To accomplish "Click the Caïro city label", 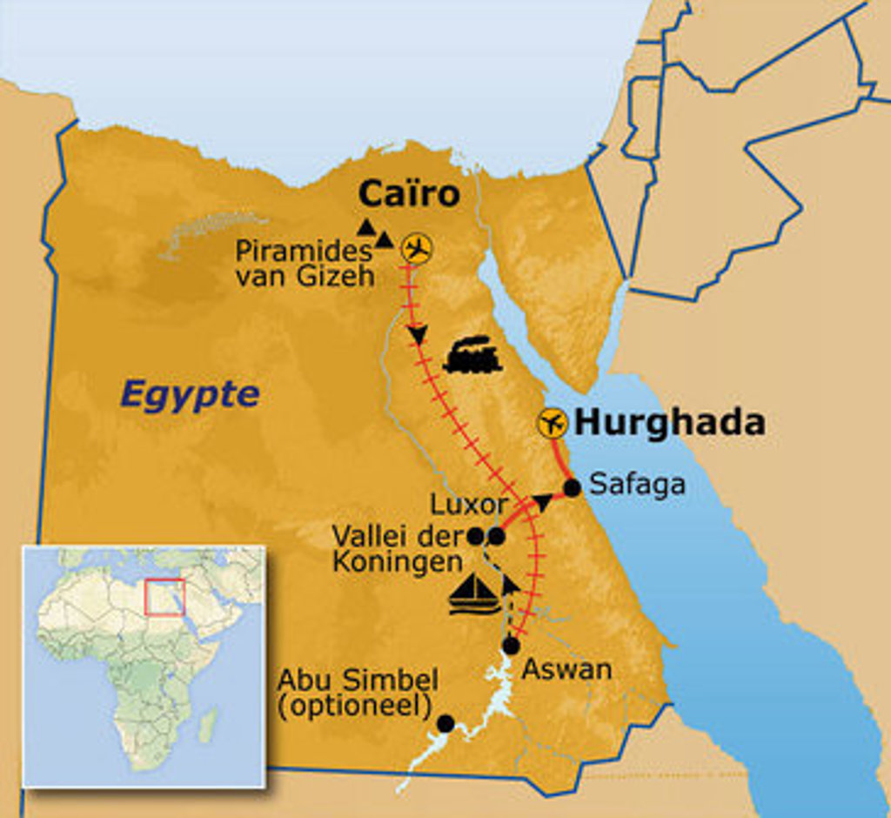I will click(408, 194).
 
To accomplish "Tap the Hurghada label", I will click(670, 423).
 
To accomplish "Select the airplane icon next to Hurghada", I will click(553, 424).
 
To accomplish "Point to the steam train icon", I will click(472, 355).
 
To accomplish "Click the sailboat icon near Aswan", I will click(475, 594).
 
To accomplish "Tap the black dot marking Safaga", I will click(572, 488).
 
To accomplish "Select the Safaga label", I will click(637, 484).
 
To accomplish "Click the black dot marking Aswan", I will click(511, 646).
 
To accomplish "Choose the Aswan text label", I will click(566, 669).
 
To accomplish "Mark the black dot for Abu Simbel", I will click(445, 723).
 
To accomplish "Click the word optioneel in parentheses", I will click(354, 706).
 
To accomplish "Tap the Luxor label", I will click(469, 505).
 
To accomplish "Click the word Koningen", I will click(397, 561).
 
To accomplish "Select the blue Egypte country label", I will click(190, 394).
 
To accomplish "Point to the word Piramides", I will click(302, 252).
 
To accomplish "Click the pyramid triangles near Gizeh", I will click(375, 231).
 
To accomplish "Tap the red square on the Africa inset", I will click(164, 597).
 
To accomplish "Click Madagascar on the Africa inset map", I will click(207, 726).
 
